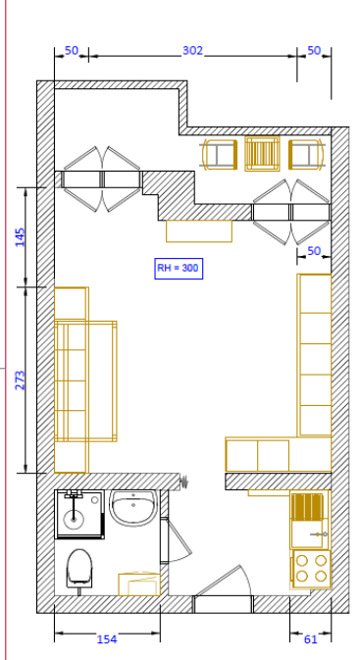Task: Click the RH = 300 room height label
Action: pyautogui.click(x=179, y=268)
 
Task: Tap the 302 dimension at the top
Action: pyautogui.click(x=192, y=51)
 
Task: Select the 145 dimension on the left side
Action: pyautogui.click(x=21, y=237)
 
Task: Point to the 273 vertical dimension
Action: pyautogui.click(x=21, y=380)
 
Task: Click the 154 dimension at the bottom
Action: pyautogui.click(x=107, y=639)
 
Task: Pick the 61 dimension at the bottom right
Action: pyautogui.click(x=310, y=639)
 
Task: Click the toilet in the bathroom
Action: pyautogui.click(x=79, y=569)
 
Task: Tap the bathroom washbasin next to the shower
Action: pyautogui.click(x=133, y=508)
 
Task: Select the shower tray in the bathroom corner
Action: pyautogui.click(x=79, y=514)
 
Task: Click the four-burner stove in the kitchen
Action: pyautogui.click(x=312, y=569)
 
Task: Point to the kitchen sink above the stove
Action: pyautogui.click(x=310, y=521)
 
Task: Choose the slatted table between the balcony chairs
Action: pyautogui.click(x=262, y=153)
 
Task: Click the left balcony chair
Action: pyautogui.click(x=220, y=155)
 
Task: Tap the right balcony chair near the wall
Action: pyautogui.click(x=306, y=155)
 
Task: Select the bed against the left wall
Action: pyautogui.click(x=85, y=381)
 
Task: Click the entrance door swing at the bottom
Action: pyautogui.click(x=224, y=583)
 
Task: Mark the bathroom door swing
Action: pyautogui.click(x=176, y=539)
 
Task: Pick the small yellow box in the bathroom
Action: pyautogui.click(x=139, y=584)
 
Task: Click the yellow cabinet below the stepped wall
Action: pyautogui.click(x=199, y=231)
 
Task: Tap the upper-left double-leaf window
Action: pyautogui.click(x=101, y=179)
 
